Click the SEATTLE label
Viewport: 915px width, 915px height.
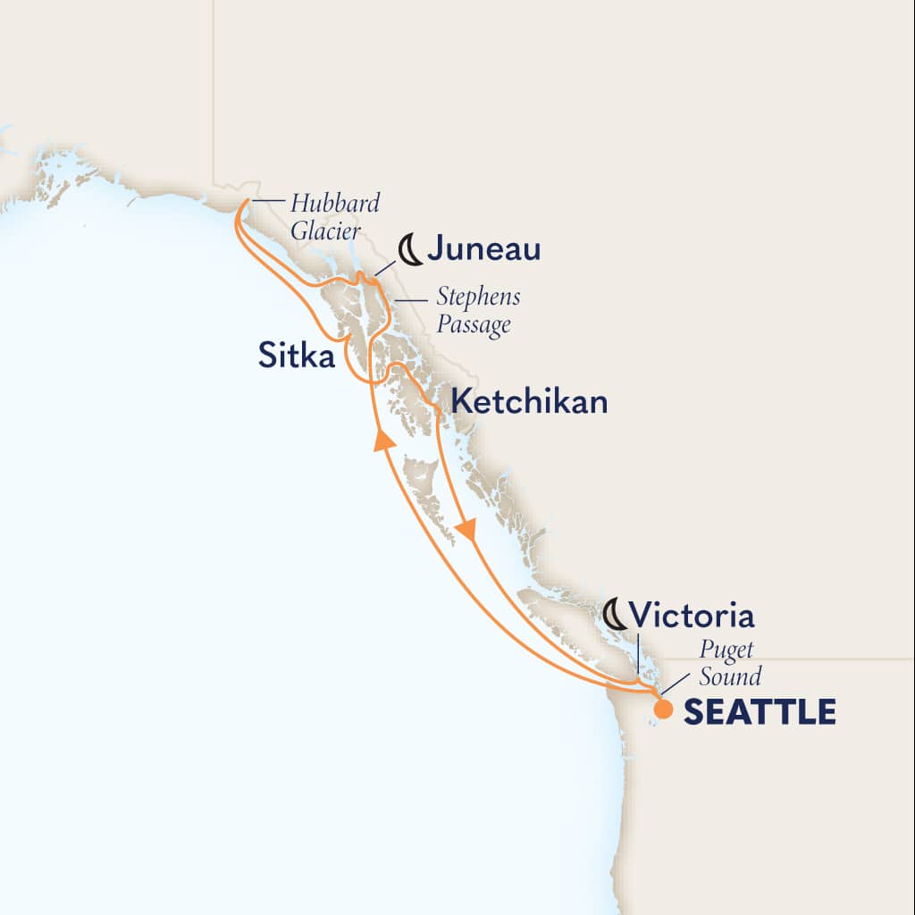760,712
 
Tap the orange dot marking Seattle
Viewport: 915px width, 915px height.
663,709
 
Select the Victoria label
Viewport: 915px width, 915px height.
691,616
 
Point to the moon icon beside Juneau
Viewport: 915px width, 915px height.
410,249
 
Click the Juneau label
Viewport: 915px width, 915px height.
483,250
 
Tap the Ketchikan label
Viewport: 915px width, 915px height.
529,401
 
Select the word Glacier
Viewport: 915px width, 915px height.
326,231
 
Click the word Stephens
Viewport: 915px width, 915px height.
478,297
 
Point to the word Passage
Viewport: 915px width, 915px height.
474,323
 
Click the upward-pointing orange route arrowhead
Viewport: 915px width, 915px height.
383,439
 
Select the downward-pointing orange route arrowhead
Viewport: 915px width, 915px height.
465,532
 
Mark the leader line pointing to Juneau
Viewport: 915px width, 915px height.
385,265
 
